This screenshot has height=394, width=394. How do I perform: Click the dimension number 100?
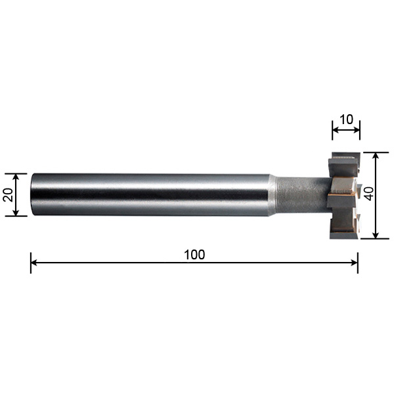(x=194, y=255)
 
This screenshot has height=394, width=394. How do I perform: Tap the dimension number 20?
(x=9, y=195)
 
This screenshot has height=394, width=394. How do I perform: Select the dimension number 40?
(x=369, y=194)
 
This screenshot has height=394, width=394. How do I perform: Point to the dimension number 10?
(x=346, y=120)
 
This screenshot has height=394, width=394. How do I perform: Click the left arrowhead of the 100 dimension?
(x=33, y=263)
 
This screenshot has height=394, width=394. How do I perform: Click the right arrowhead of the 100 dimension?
(x=355, y=263)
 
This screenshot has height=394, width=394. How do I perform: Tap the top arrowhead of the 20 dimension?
(x=16, y=177)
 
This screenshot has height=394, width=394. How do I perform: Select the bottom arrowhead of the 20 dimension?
(x=16, y=212)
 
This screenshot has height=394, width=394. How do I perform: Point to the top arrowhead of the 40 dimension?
(x=376, y=156)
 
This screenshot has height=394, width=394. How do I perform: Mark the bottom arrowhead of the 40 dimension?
(x=376, y=235)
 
